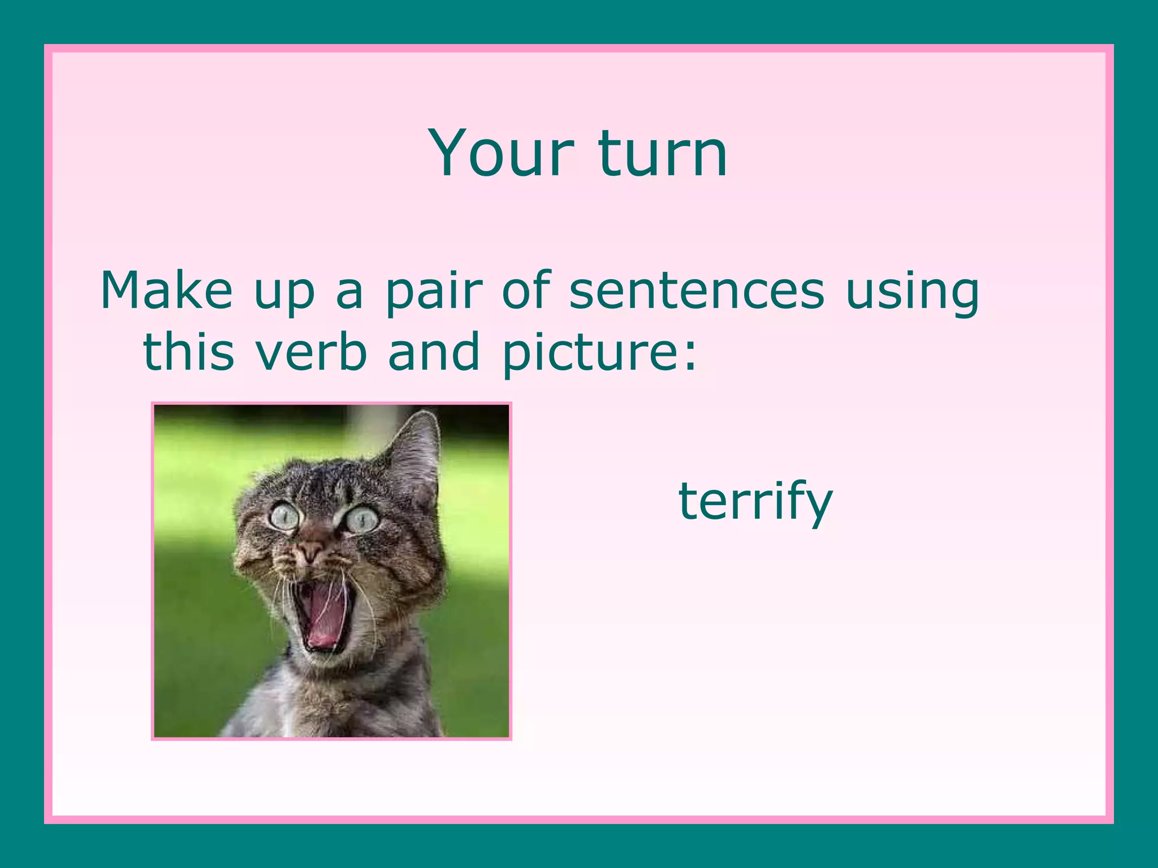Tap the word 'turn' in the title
(662, 153)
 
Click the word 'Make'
(166, 290)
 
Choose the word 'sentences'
(697, 290)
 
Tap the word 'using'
(912, 293)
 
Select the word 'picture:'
(599, 354)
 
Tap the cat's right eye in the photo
(362, 519)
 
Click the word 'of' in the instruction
(526, 290)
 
